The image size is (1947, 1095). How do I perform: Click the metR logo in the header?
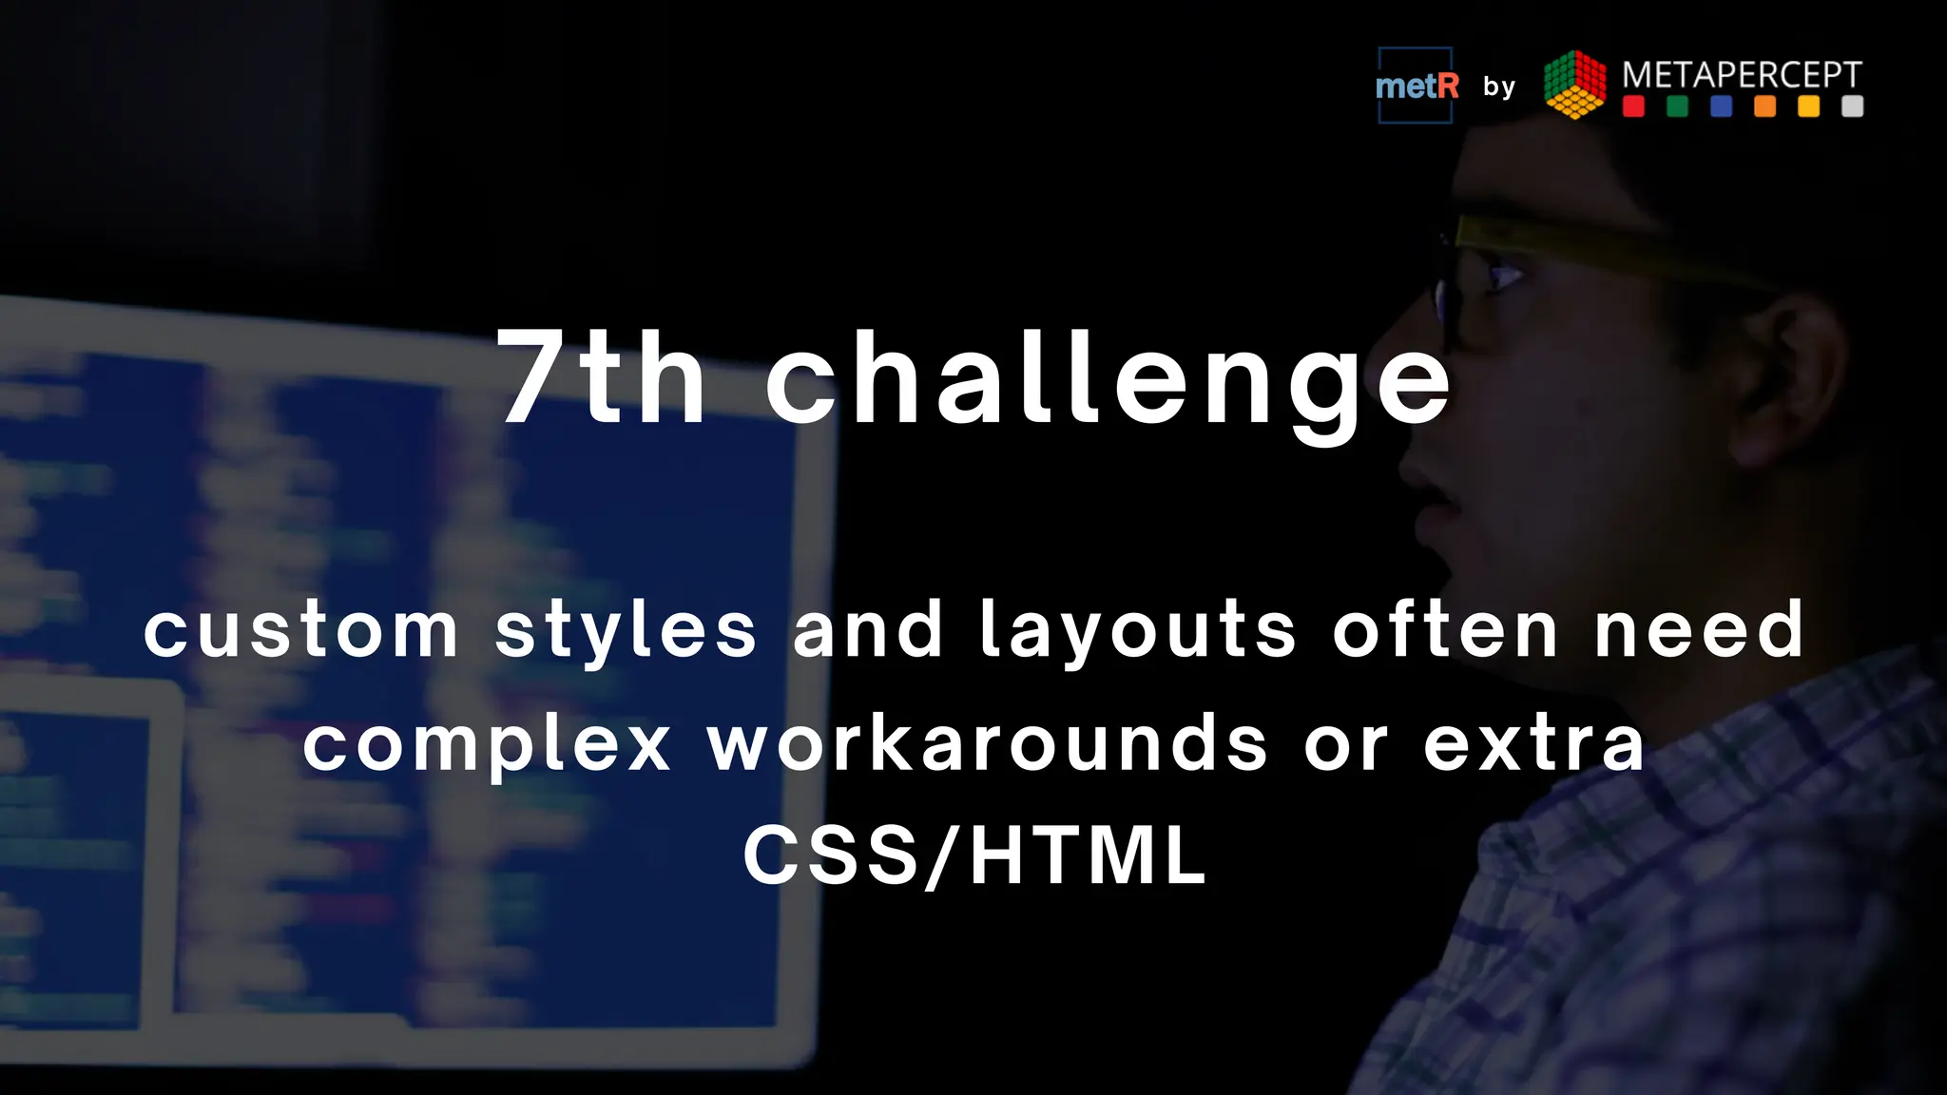click(x=1416, y=86)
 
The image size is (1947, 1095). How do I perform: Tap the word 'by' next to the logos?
click(x=1499, y=87)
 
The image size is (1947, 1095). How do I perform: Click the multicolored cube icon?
click(x=1575, y=85)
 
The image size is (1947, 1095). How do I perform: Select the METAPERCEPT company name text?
click(x=1742, y=74)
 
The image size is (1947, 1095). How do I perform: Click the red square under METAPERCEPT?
click(x=1633, y=106)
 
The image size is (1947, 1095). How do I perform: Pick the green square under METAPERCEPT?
click(x=1677, y=106)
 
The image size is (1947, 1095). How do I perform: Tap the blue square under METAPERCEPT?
click(x=1721, y=106)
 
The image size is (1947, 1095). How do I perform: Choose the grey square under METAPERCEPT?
click(x=1852, y=106)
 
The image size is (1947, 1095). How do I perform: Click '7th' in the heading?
click(x=601, y=378)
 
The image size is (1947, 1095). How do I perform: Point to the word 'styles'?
click(x=626, y=632)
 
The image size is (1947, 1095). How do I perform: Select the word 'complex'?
click(x=488, y=746)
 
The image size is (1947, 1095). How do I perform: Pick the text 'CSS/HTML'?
click(x=974, y=855)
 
